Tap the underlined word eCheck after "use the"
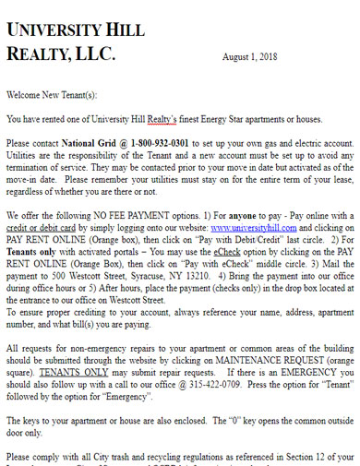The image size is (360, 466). click(227, 250)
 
